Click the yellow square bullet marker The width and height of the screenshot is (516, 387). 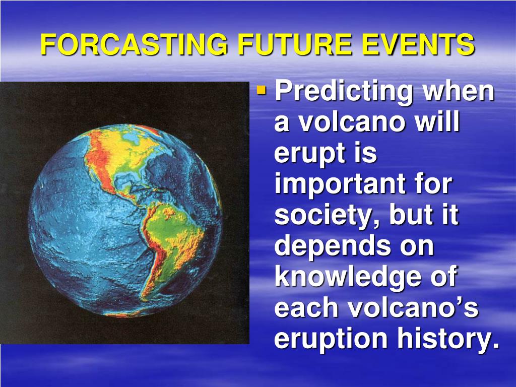click(x=262, y=90)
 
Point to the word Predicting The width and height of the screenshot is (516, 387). click(x=344, y=92)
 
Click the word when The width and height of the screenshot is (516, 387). click(x=459, y=91)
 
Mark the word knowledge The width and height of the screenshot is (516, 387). click(x=348, y=277)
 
